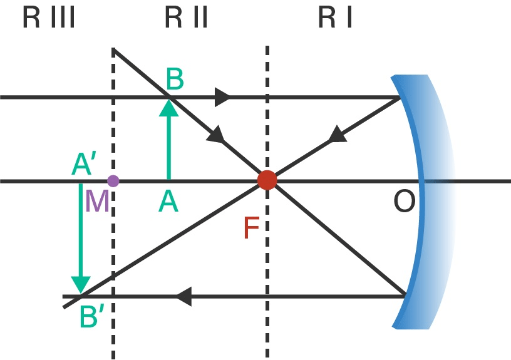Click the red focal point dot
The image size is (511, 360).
[x=267, y=180]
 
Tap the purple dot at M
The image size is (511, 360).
[x=113, y=181]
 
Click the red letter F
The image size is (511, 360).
[x=251, y=229]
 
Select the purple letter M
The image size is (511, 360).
[x=97, y=202]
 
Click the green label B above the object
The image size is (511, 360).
[x=175, y=80]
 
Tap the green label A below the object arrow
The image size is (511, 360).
[x=168, y=202]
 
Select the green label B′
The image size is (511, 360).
[x=92, y=318]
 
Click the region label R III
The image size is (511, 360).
[x=49, y=19]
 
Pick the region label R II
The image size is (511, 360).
[x=186, y=19]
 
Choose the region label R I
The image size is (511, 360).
[x=336, y=19]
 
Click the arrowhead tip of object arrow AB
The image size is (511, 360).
[x=168, y=100]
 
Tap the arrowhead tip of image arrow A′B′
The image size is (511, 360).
[x=80, y=292]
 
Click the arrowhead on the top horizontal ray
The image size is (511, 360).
[x=223, y=97]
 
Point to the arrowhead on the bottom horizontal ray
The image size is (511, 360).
[x=182, y=296]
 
